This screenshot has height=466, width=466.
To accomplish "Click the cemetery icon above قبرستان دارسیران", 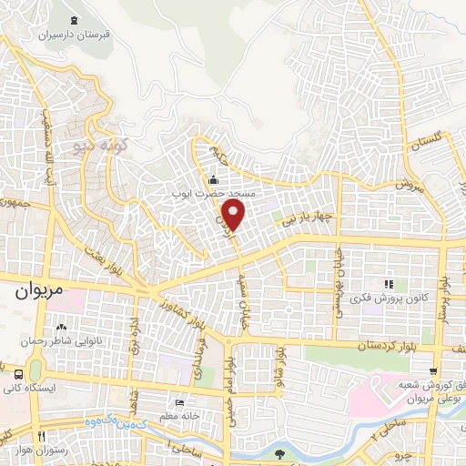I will (73, 20).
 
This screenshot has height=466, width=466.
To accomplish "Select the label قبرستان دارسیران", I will (73, 35).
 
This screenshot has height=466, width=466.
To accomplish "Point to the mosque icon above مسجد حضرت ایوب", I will (213, 178).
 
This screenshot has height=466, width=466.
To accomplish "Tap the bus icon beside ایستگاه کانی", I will (18, 372).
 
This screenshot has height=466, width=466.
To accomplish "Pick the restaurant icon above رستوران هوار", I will (40, 436).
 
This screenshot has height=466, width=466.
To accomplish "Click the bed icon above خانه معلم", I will (180, 401).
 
